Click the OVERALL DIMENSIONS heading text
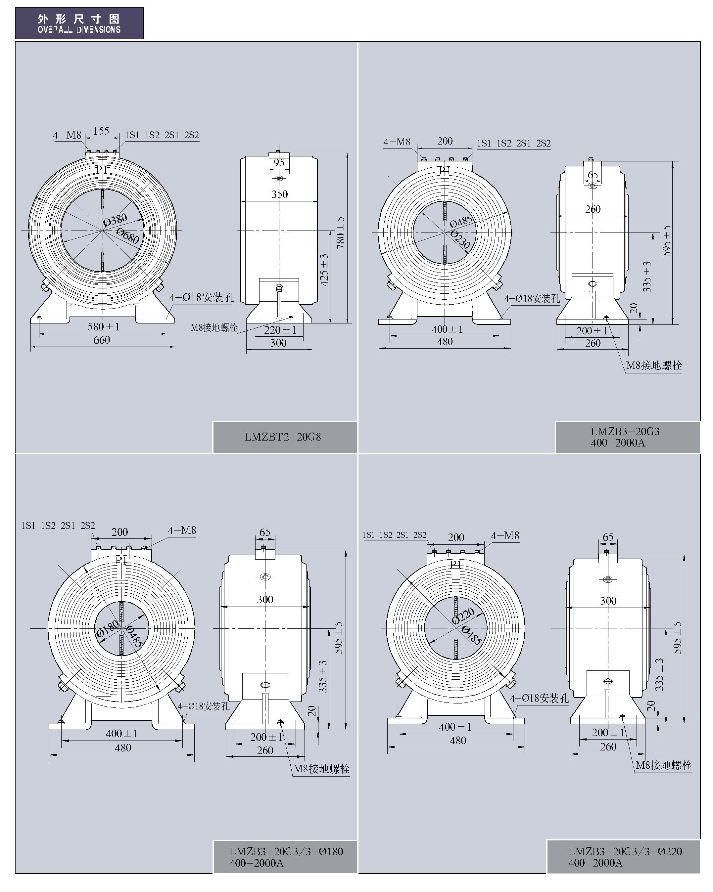(x=79, y=29)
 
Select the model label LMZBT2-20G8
(x=282, y=437)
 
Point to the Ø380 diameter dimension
(x=115, y=220)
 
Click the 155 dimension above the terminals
(x=101, y=131)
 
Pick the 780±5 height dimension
(x=340, y=233)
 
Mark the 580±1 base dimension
(x=103, y=327)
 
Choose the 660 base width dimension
(x=102, y=340)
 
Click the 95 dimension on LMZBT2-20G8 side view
(x=279, y=163)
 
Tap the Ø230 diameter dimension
(x=460, y=239)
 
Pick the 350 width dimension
(x=279, y=194)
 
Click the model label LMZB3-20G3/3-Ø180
(x=286, y=851)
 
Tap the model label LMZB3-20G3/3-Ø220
(x=625, y=851)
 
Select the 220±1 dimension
(x=280, y=330)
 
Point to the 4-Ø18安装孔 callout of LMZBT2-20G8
(x=202, y=297)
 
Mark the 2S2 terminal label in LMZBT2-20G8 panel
(x=192, y=135)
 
